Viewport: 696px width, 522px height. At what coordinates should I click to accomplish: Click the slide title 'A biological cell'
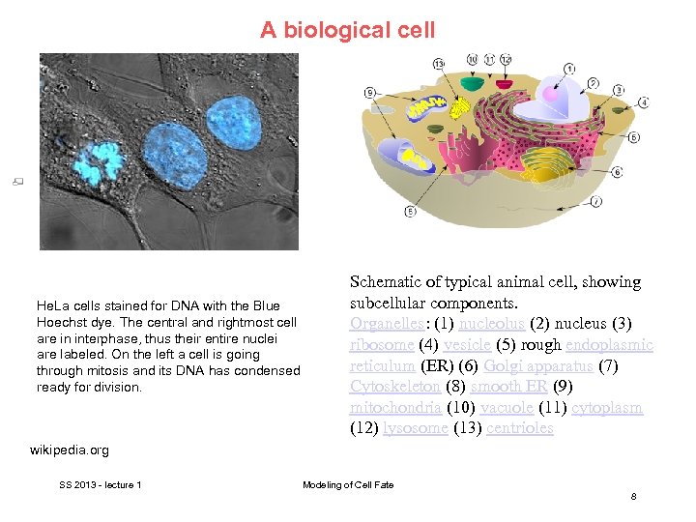click(x=348, y=30)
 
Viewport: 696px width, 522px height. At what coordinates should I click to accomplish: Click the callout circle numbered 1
click(x=569, y=68)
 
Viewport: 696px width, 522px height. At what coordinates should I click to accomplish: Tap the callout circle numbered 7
click(x=596, y=201)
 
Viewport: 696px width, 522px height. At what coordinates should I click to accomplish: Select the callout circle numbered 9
click(x=371, y=92)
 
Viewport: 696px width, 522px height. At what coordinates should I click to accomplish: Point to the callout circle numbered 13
click(x=438, y=64)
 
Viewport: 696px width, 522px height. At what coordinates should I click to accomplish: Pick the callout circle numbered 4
click(x=643, y=101)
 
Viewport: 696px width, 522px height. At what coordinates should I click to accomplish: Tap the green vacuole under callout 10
click(x=471, y=84)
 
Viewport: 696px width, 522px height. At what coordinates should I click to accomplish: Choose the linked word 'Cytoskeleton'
click(x=394, y=387)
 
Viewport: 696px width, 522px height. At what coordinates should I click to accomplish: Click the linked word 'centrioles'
click(x=520, y=428)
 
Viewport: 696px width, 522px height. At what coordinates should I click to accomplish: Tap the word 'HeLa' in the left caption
click(x=51, y=306)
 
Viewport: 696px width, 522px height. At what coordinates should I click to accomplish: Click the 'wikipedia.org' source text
click(x=70, y=450)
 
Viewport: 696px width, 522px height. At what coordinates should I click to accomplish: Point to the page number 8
click(x=633, y=496)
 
